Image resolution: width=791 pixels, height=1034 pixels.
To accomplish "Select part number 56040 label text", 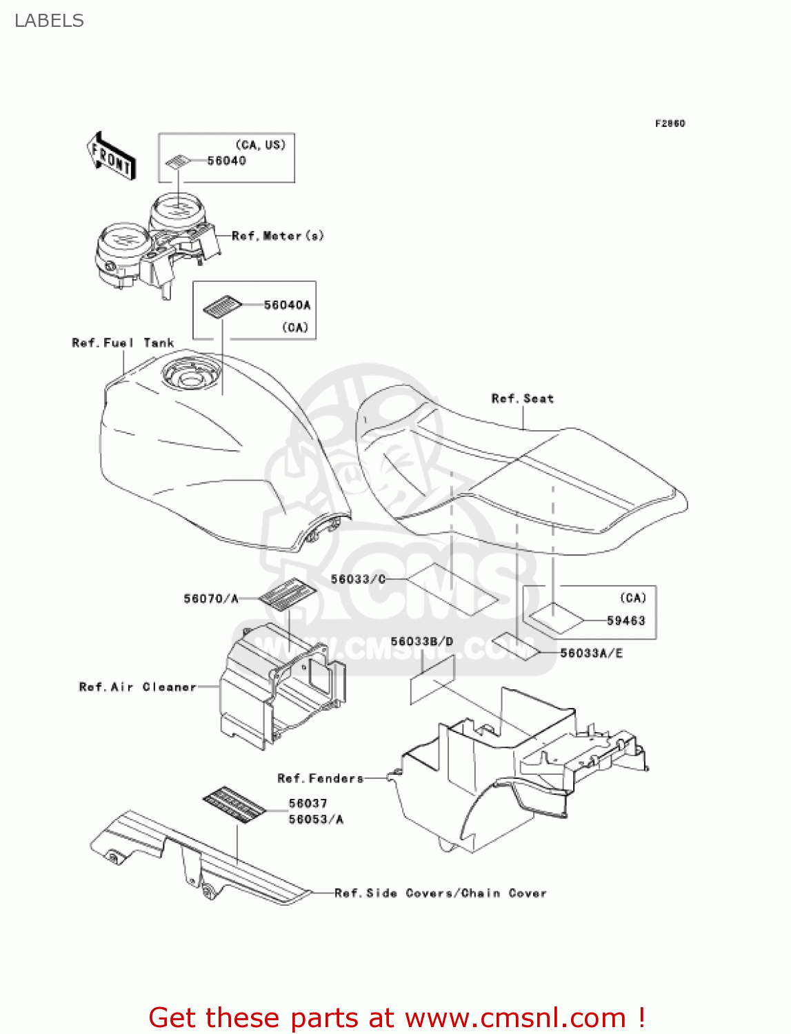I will coord(227,161).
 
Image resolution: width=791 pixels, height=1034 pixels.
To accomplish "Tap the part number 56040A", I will coord(287,305).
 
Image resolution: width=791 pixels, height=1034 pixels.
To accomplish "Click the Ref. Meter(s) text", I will coord(277,236).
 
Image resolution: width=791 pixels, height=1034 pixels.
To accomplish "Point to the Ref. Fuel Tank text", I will coord(123,343).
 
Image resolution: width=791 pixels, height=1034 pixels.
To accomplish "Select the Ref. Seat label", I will coord(522,398).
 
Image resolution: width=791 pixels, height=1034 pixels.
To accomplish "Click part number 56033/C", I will coord(358,579).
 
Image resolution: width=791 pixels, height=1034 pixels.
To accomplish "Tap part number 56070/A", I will coord(211,598).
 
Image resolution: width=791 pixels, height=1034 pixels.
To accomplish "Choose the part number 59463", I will coord(625,620).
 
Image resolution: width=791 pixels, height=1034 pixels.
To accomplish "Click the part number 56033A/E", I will coord(591,653).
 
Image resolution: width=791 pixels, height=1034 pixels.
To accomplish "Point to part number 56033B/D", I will coord(422,642).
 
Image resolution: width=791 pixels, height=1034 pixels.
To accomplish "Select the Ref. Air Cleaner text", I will coord(137,687).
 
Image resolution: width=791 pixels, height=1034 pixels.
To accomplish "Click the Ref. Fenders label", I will coord(320,778).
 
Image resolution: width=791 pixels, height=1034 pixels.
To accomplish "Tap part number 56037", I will coord(308,803).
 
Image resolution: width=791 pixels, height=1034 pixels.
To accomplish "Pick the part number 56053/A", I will coord(316,819).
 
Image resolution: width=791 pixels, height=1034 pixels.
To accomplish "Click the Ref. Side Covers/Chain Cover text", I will coord(440,893).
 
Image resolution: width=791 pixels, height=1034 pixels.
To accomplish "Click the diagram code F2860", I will coord(670,123).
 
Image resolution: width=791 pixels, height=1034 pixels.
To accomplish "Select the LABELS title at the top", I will coord(49,21).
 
